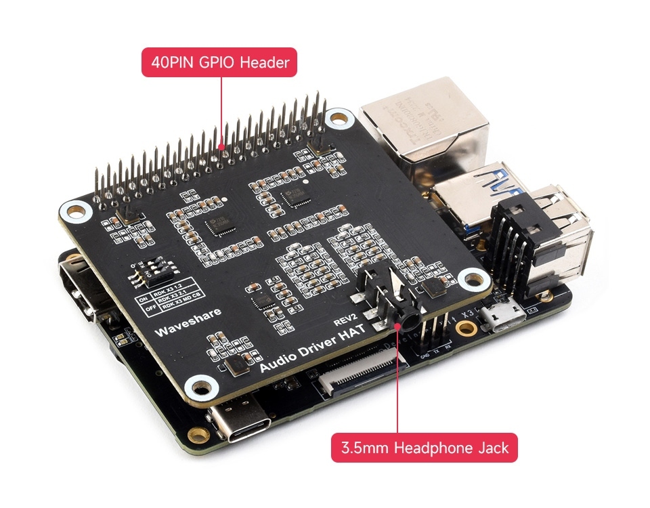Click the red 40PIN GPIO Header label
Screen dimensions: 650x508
pyautogui.click(x=220, y=63)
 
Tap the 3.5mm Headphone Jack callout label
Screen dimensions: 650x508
pyautogui.click(x=424, y=448)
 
